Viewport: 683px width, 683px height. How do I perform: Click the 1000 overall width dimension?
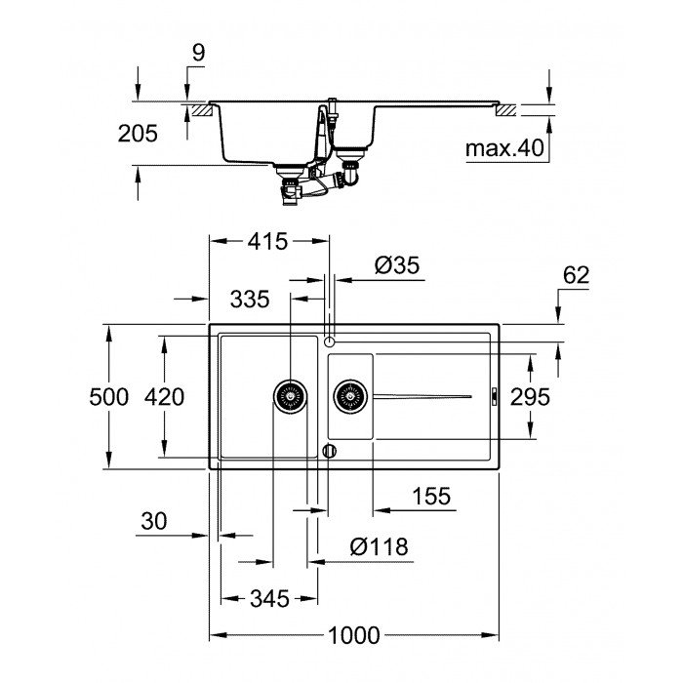click(352, 635)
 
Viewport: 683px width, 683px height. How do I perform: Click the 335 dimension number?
click(250, 299)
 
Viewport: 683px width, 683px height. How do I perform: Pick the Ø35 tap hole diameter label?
click(396, 264)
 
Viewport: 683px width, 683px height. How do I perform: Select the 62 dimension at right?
click(577, 275)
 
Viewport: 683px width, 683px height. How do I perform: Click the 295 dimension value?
click(530, 397)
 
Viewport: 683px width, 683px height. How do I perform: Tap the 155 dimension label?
click(430, 497)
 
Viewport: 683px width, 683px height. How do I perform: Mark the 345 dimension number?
click(269, 599)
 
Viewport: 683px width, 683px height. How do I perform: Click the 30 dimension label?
click(154, 522)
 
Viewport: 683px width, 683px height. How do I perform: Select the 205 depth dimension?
click(138, 134)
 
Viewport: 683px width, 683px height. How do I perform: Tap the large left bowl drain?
click(290, 396)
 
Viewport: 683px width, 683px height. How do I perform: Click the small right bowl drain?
click(350, 396)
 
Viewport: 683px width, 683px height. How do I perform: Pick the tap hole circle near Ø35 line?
click(330, 341)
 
